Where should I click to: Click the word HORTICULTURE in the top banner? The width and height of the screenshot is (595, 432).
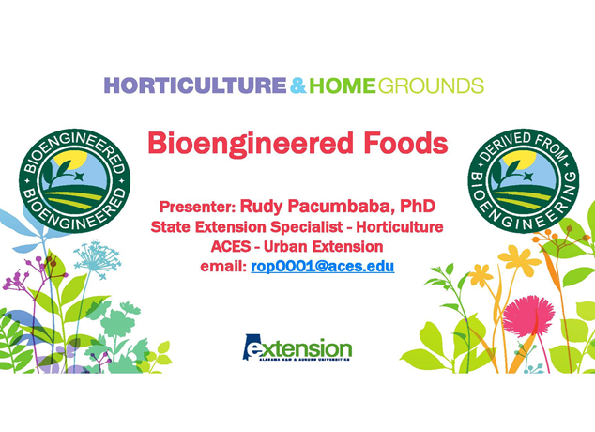pos(194,86)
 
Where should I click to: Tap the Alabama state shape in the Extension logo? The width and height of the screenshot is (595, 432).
pos(252,347)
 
